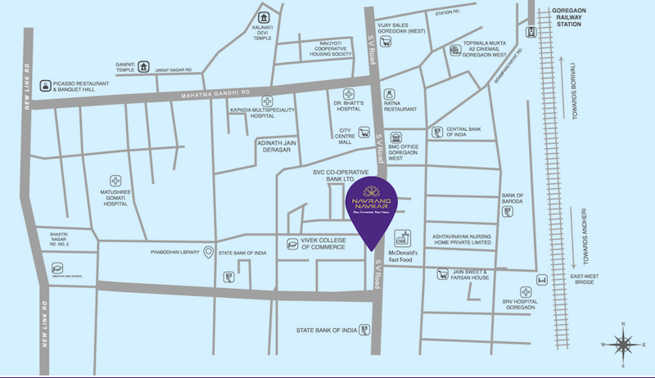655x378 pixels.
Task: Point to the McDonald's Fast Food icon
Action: pyautogui.click(x=402, y=238)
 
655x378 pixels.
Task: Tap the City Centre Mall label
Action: pyautogui.click(x=350, y=136)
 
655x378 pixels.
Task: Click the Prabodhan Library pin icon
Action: pyautogui.click(x=209, y=251)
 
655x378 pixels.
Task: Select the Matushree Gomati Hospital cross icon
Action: pyautogui.click(x=116, y=180)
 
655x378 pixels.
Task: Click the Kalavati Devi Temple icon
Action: pyautogui.click(x=264, y=17)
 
